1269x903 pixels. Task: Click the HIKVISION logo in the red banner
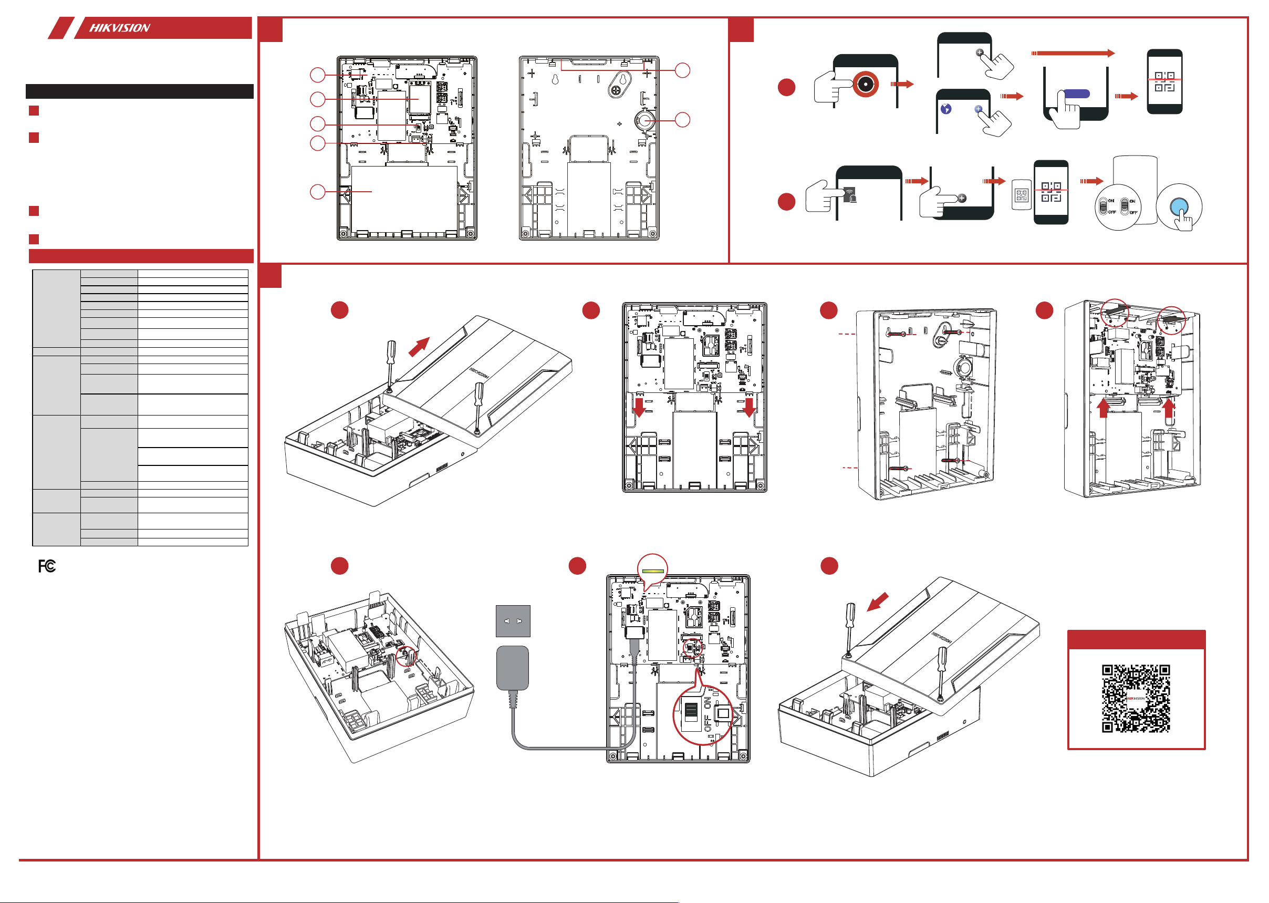120,28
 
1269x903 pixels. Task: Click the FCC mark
47,566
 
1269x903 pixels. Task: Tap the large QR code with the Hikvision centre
1136,698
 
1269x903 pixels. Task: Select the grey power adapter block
512,668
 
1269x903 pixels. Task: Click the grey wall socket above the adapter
513,620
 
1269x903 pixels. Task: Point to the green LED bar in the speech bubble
652,570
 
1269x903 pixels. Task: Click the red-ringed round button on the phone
865,84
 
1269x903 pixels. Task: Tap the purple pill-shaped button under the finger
1076,95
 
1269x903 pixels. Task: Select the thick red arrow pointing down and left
878,601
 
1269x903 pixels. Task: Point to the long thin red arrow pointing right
1073,54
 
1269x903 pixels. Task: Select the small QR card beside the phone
1021,194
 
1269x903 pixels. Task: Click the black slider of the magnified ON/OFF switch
691,711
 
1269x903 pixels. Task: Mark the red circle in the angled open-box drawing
406,656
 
